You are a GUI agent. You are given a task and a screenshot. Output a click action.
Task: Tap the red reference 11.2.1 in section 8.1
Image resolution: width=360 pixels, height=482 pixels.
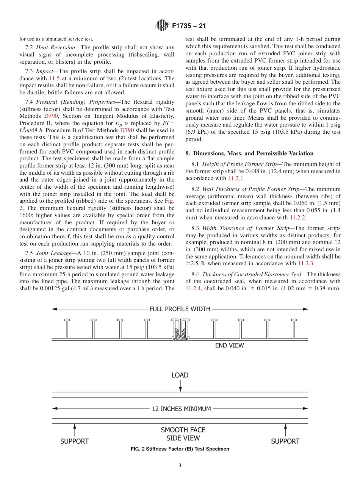pyautogui.click(x=235, y=178)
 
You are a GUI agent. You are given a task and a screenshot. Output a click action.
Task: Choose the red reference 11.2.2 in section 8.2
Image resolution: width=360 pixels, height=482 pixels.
pyautogui.click(x=297, y=218)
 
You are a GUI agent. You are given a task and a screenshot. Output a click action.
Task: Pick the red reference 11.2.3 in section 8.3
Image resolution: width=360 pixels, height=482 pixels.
pyautogui.click(x=306, y=263)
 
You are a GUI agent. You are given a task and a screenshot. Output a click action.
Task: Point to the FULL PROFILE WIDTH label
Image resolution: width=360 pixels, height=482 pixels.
pyautogui.click(x=180, y=309)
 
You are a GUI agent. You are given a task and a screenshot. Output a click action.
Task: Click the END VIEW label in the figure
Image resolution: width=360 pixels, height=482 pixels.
pyautogui.click(x=229, y=345)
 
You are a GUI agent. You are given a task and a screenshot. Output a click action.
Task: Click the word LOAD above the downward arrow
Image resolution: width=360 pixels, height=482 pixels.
pyautogui.click(x=180, y=375)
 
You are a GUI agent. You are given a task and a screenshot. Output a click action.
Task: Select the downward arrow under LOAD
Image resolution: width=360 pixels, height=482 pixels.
pyautogui.click(x=180, y=386)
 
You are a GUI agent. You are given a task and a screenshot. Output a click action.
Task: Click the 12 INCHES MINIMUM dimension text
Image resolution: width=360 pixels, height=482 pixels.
pyautogui.click(x=181, y=409)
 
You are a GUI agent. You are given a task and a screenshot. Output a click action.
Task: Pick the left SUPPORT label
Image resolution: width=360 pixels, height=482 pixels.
pyautogui.click(x=74, y=441)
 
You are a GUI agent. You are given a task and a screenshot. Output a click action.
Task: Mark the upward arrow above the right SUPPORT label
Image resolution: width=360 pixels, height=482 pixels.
pyautogui.click(x=285, y=430)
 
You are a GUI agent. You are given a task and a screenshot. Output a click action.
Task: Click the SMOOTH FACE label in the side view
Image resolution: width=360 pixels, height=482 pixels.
pyautogui.click(x=183, y=430)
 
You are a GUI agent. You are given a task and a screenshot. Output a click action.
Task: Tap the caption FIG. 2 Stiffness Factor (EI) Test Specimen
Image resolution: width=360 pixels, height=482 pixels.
pyautogui.click(x=180, y=449)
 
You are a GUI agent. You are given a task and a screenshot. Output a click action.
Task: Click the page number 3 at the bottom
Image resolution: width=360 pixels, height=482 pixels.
pyautogui.click(x=180, y=466)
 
